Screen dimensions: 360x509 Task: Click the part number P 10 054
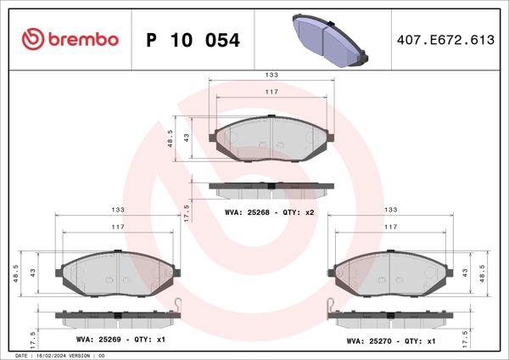[193, 40]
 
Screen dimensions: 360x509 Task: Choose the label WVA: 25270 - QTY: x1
[391, 340]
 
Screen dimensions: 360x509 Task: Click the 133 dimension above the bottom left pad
[117, 209]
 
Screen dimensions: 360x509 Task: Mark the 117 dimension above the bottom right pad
[391, 227]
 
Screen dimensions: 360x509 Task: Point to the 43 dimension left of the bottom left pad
[32, 273]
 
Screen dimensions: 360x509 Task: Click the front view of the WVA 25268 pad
[271, 138]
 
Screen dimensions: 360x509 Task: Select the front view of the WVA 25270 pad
[391, 273]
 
